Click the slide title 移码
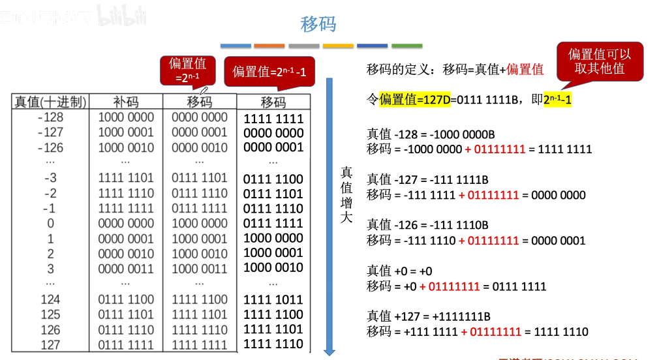pos(318,25)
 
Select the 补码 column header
pos(126,102)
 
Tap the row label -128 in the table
pos(50,117)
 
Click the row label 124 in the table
pos(50,299)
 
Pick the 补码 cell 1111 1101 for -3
pos(126,178)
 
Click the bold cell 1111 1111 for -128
pos(273,119)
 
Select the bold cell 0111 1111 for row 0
pos(273,224)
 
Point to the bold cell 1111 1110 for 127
pos(273,344)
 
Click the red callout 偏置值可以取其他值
pos(600,61)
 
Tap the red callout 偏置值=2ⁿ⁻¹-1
pos(269,71)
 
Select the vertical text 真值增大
pos(346,194)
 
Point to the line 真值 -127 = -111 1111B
pos(428,180)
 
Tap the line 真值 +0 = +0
pos(399,271)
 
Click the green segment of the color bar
pos(406,46)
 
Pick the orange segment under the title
pos(269,46)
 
